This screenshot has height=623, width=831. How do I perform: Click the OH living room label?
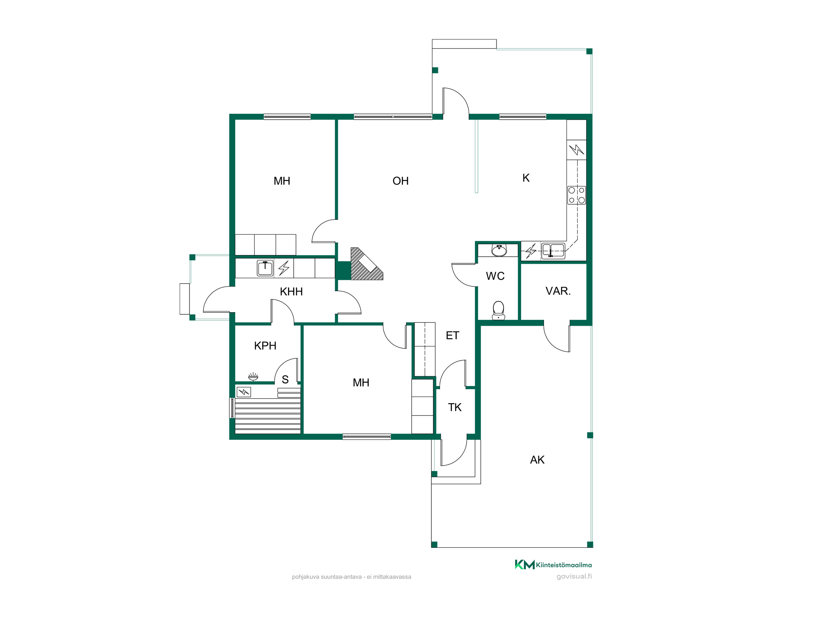[401, 181]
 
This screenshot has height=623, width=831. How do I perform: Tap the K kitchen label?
[526, 178]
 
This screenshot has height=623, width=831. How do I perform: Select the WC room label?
[495, 276]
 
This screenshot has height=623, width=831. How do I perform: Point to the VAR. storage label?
[558, 291]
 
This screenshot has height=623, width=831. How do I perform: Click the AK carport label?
[537, 460]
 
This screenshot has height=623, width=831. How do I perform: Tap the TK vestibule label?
[455, 407]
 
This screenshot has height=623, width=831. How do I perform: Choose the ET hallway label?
[452, 336]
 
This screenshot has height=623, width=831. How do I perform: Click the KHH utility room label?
[291, 292]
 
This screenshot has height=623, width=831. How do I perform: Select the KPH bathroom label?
[265, 346]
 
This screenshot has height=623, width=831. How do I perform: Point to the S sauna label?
[285, 380]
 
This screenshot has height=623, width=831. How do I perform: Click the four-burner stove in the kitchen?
[577, 195]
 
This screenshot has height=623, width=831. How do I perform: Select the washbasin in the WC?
[499, 250]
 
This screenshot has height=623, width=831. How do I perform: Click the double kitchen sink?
[553, 250]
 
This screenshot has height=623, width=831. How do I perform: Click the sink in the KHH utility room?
[265, 268]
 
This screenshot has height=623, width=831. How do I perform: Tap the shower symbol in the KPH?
[253, 377]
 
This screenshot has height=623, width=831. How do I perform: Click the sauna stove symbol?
[243, 392]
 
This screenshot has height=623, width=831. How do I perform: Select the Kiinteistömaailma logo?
[553, 565]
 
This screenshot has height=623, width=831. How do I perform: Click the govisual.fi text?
[574, 576]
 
